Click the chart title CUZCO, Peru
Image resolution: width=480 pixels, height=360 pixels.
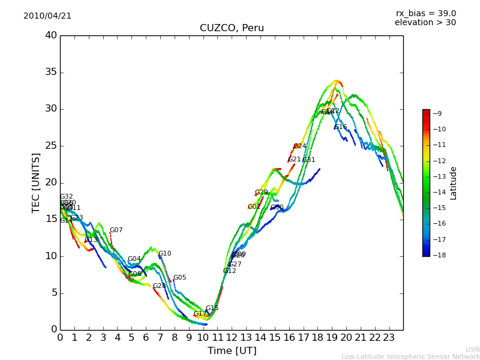pyautogui.click(x=232, y=28)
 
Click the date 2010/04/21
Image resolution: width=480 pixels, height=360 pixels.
pyautogui.click(x=47, y=16)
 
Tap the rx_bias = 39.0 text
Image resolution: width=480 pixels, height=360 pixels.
pyautogui.click(x=425, y=13)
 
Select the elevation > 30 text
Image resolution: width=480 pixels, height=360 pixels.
pyautogui.click(x=425, y=23)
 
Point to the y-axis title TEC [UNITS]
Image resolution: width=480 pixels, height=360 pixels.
pyautogui.click(x=37, y=182)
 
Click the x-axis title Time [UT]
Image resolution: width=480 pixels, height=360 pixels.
pyautogui.click(x=232, y=351)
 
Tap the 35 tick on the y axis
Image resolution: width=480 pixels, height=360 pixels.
pyautogui.click(x=50, y=72)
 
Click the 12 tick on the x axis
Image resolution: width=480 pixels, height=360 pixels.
pyautogui.click(x=232, y=337)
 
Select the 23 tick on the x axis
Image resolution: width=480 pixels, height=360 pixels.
pyautogui.click(x=389, y=337)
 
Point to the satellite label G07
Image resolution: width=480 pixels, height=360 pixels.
pyautogui.click(x=116, y=230)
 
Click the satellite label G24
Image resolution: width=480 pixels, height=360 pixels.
pyautogui.click(x=300, y=146)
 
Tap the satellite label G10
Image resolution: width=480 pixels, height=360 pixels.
pyautogui.click(x=165, y=254)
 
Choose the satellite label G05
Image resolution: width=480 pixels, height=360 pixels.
pyautogui.click(x=180, y=278)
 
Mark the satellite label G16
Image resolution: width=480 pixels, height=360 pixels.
pyautogui.click(x=341, y=127)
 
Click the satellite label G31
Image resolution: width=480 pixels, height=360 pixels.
pyautogui.click(x=309, y=160)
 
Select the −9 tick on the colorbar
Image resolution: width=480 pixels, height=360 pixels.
pyautogui.click(x=437, y=113)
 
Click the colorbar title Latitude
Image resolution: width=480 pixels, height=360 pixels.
pyautogui.click(x=454, y=183)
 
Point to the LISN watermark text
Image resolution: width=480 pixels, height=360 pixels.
pyautogui.click(x=473, y=349)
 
